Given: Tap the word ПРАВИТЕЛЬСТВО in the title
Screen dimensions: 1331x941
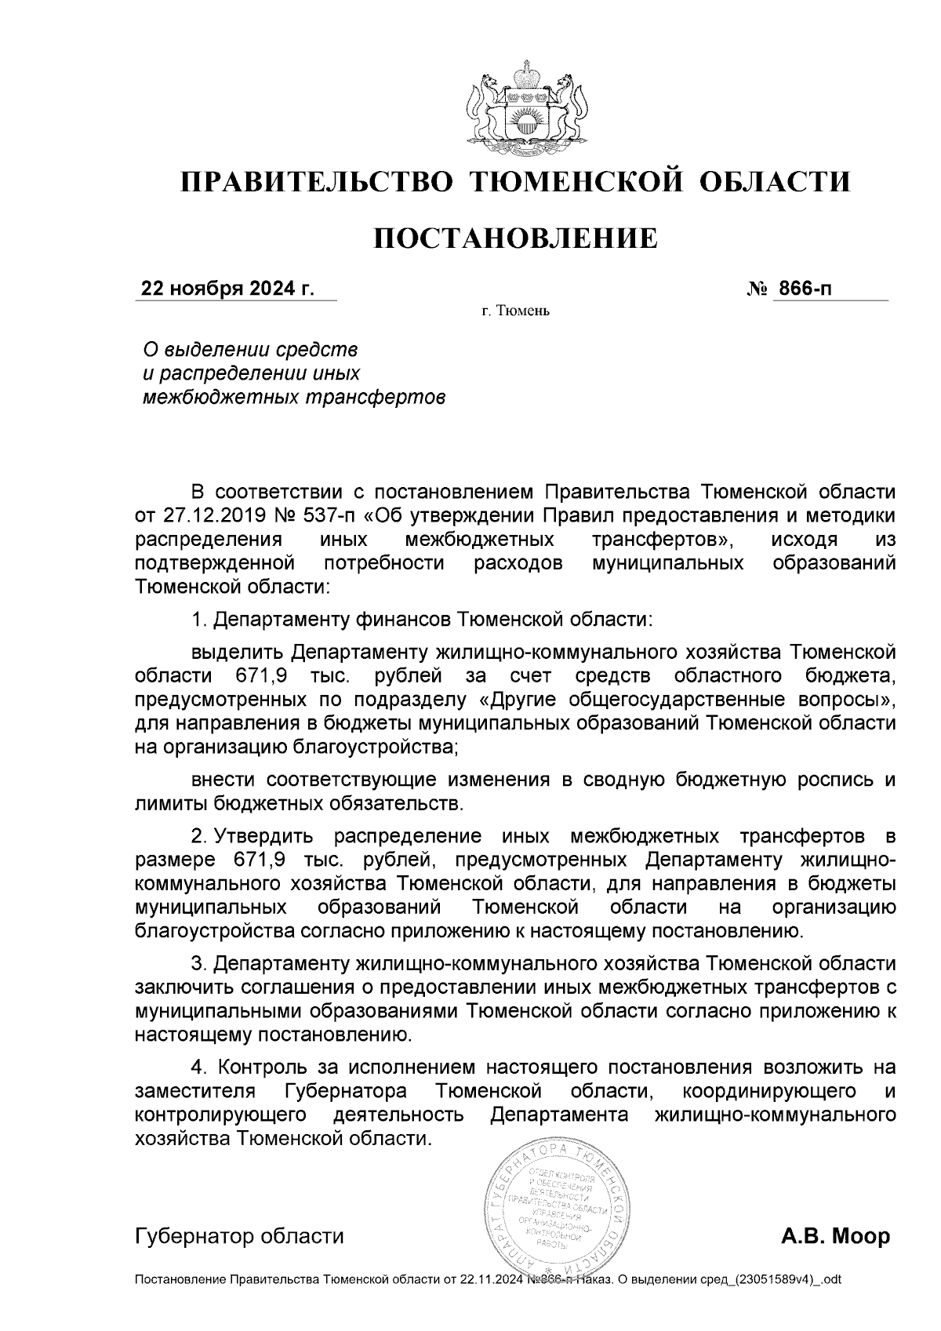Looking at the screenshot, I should click(x=318, y=182).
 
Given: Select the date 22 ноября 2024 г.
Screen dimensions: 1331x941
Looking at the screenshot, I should click(x=227, y=289).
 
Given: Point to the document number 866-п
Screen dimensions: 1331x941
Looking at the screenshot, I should click(x=803, y=289).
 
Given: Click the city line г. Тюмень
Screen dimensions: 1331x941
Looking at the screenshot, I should click(x=515, y=312).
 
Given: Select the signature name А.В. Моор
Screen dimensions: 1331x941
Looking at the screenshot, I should click(x=836, y=1237).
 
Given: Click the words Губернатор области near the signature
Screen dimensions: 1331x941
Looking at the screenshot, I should click(x=239, y=1237).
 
